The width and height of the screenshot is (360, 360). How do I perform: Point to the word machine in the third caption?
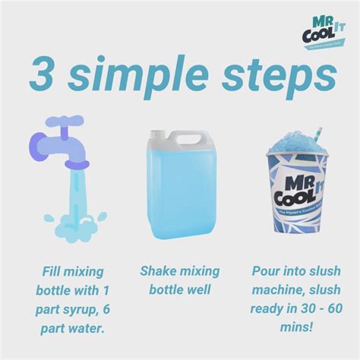point(272,291)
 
